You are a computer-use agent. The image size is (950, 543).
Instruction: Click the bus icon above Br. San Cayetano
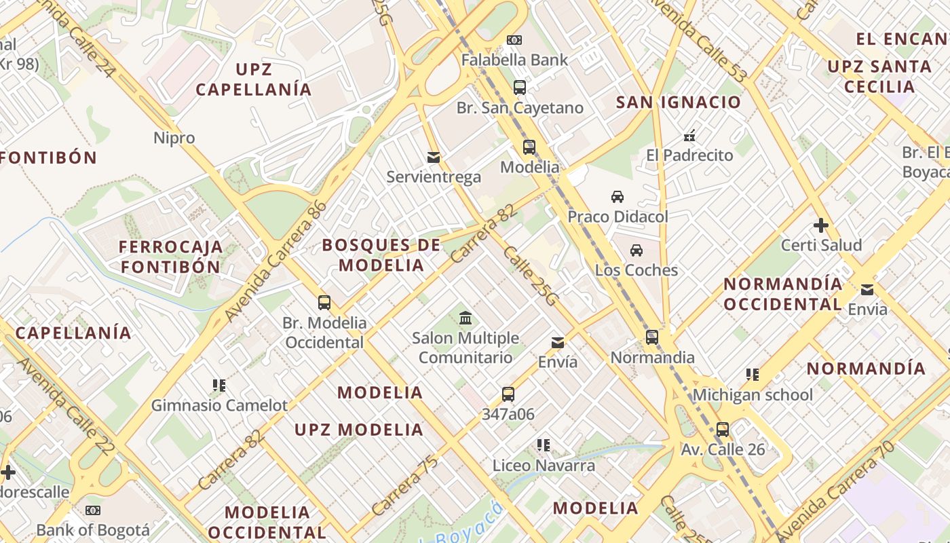pos(519,88)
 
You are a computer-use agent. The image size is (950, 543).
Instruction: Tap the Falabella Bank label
pos(514,60)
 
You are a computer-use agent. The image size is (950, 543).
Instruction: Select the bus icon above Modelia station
pos(529,147)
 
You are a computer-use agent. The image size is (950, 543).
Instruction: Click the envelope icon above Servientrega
pos(434,158)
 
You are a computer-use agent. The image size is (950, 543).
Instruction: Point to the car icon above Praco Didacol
pos(617,198)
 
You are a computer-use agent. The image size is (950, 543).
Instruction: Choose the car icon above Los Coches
pos(636,250)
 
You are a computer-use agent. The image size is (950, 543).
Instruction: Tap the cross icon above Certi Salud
pos(821,225)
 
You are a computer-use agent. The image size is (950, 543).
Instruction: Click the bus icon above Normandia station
pos(652,337)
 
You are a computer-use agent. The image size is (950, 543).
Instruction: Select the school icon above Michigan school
pos(752,375)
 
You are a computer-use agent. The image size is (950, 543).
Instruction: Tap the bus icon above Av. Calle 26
pos(723,430)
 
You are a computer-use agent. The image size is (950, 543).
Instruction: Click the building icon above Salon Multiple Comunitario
pos(465,318)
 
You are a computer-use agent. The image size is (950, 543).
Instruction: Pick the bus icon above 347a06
pos(508,394)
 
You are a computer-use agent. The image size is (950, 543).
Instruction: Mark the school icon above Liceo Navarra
pos(544,445)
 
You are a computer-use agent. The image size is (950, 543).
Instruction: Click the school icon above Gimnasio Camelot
pos(219,386)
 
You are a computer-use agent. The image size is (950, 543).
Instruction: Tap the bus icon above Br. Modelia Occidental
pos(324,303)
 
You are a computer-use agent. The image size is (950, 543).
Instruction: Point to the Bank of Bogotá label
pos(93,529)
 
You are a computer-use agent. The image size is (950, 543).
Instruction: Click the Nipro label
pos(174,138)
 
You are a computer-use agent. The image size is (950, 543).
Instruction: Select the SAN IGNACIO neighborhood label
pos(679,102)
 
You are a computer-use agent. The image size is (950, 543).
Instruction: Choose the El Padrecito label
pos(689,155)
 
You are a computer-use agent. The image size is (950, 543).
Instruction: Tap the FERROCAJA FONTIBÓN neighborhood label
pos(171,256)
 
